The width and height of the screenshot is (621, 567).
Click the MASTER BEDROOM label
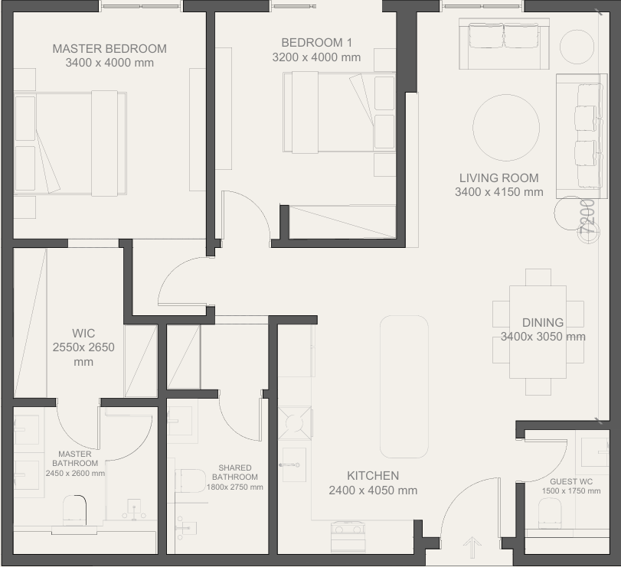109,49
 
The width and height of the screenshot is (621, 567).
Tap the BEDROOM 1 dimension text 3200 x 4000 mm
316,57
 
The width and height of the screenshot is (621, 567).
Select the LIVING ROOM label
499,178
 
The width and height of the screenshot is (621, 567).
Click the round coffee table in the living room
506,128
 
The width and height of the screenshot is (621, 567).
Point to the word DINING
543,322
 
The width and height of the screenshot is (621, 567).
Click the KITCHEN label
373,476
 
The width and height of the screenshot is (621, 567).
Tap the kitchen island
404,386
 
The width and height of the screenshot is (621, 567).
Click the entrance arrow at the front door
472,548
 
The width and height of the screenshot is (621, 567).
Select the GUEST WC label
571,481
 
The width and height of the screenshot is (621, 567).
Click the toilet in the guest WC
550,513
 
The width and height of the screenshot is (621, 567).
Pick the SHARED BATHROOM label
235,472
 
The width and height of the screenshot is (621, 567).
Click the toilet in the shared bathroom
191,481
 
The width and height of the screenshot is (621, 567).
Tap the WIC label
83,333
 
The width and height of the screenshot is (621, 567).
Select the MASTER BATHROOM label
75,458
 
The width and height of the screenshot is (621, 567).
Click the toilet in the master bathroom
75,510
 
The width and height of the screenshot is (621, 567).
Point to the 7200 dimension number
587,217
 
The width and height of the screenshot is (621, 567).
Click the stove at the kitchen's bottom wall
348,536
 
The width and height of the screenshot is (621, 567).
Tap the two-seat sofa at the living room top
504,44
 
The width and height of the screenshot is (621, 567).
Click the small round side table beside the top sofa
577,47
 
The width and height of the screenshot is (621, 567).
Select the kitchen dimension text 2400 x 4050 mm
373,490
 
